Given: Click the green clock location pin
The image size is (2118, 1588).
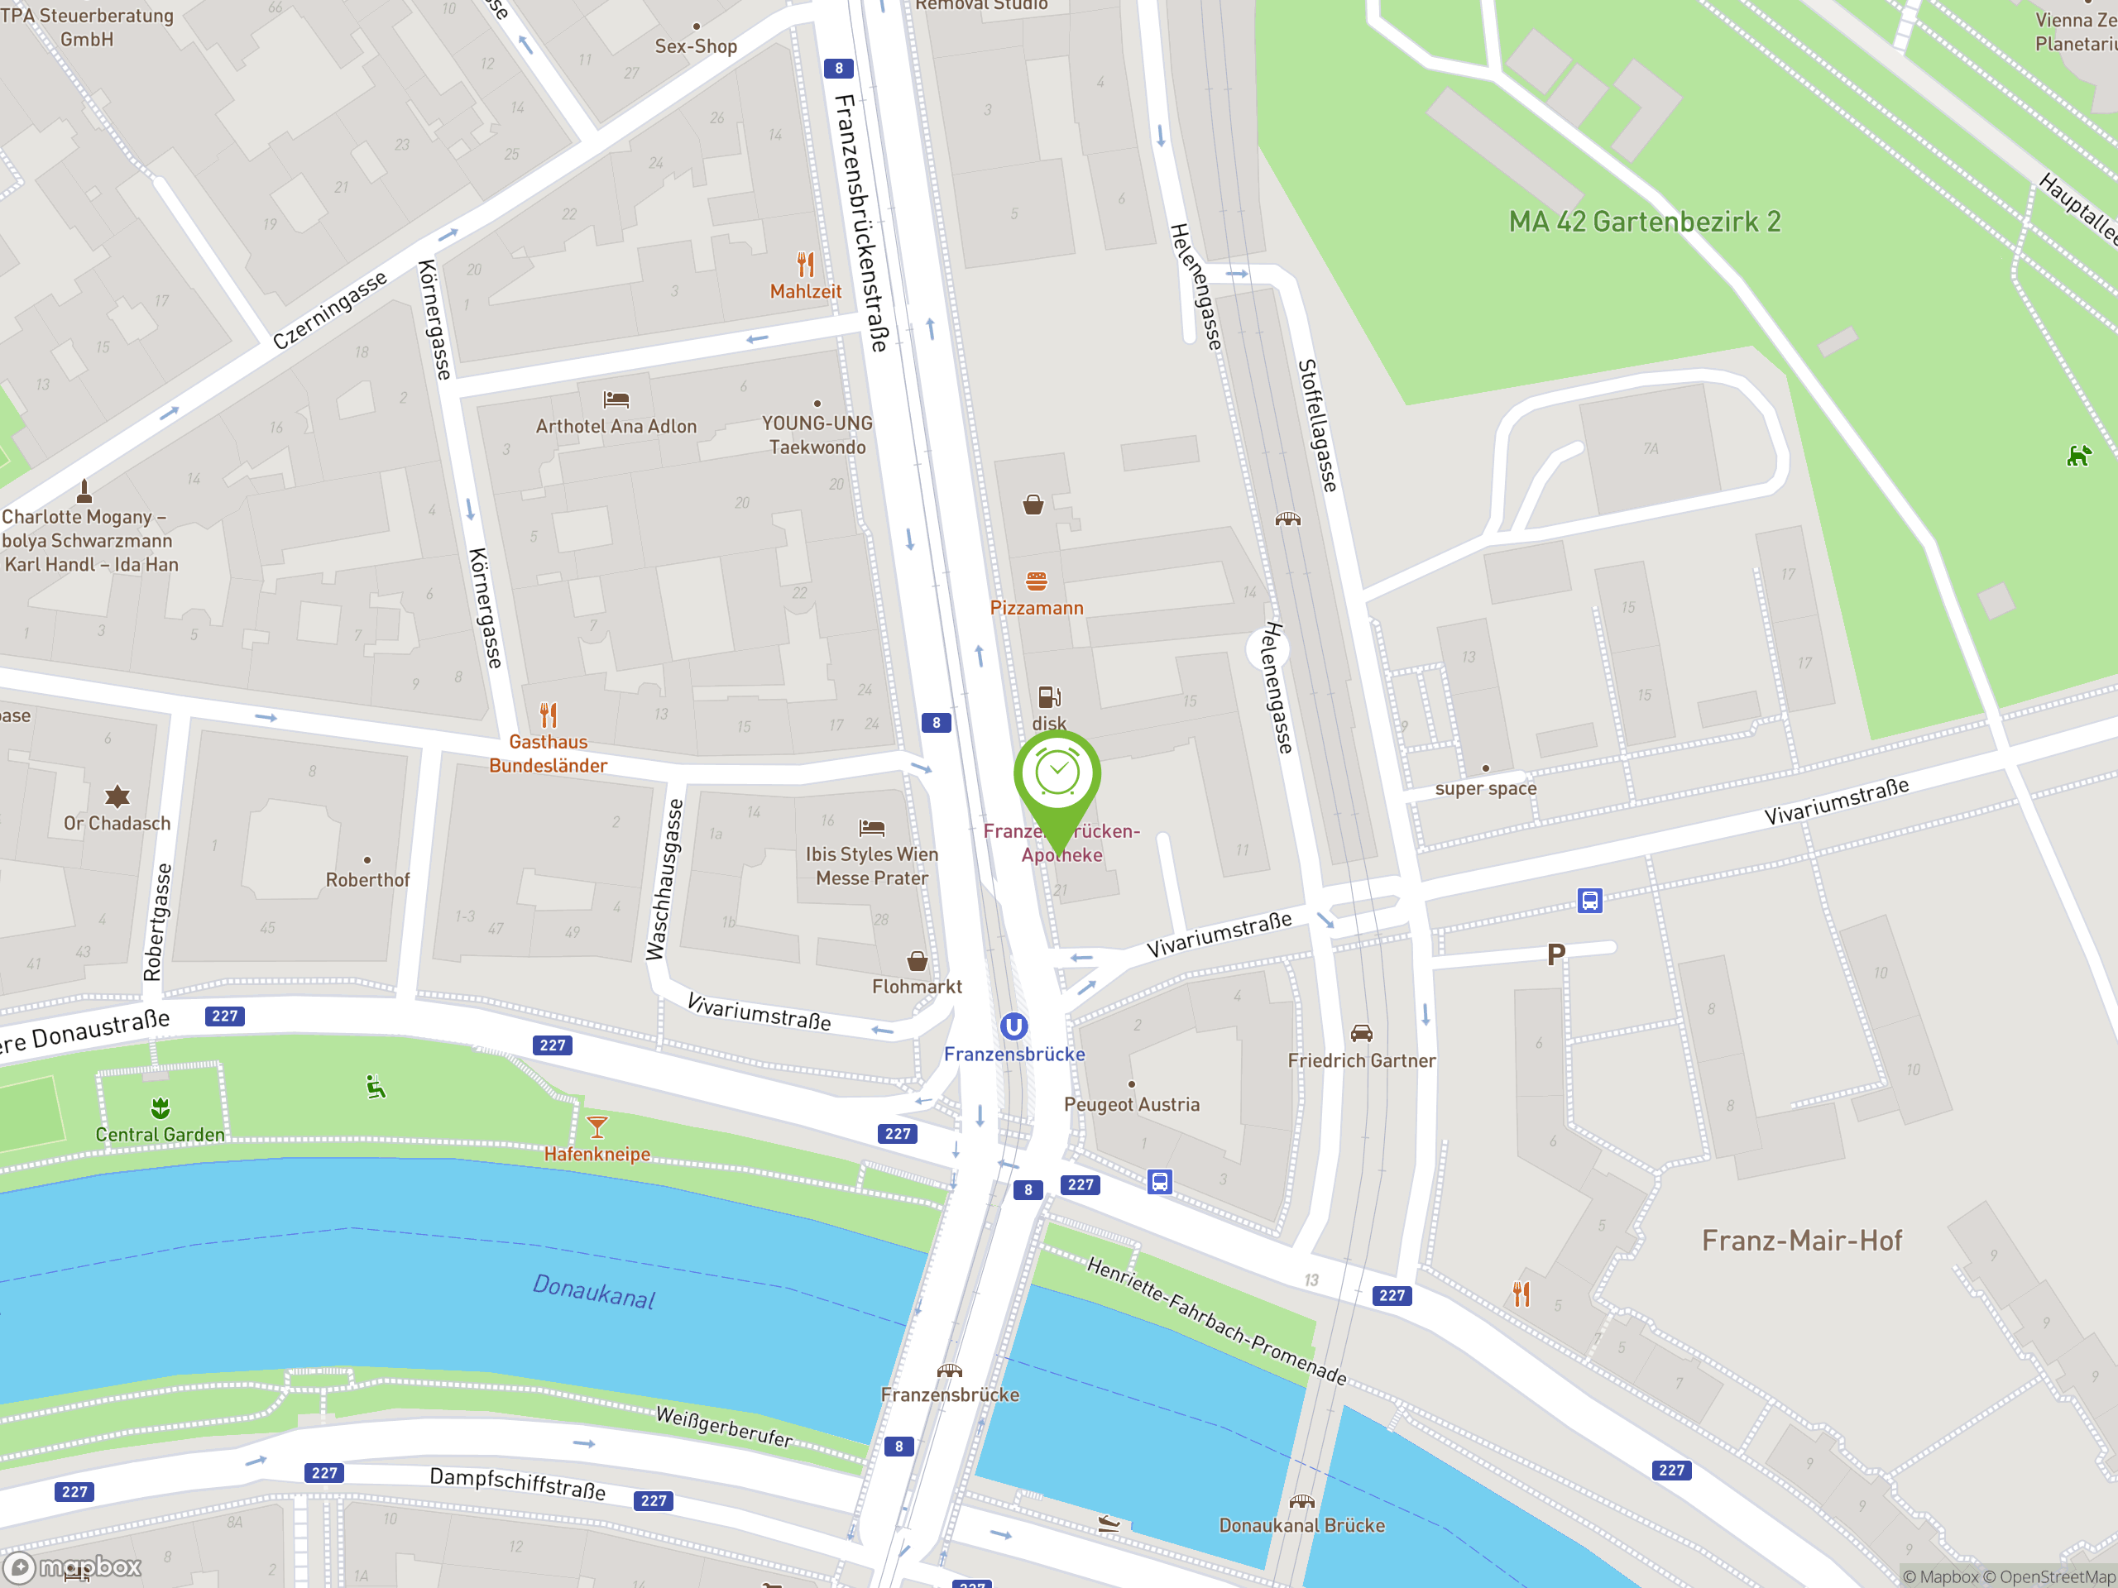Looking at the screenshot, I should pos(1057,775).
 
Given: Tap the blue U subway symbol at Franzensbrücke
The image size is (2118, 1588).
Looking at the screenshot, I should pos(1014,1026).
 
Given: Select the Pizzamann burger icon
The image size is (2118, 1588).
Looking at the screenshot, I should pos(1036,581).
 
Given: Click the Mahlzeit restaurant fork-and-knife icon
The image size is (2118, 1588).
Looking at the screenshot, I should pos(805,264).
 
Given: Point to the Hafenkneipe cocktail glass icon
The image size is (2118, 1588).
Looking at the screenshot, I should pos(597,1126).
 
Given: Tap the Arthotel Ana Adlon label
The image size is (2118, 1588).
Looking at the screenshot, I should pos(616,427).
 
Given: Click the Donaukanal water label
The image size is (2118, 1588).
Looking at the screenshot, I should pos(594,1291).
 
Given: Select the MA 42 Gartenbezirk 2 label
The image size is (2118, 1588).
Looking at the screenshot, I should pos(1644,222).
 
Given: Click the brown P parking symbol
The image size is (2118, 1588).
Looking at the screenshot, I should pos(1556,954).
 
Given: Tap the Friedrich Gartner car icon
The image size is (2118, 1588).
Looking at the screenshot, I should pos(1361,1034).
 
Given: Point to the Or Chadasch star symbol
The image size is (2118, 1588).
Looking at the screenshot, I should pos(117,796).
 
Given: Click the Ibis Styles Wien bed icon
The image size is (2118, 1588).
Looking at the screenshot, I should pos(871,828).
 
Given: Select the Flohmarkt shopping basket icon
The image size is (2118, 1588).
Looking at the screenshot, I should pos(917,960).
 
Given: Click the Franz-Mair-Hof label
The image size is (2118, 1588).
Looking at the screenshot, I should pos(1801,1241).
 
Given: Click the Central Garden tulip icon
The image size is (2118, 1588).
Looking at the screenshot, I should pos(160,1107).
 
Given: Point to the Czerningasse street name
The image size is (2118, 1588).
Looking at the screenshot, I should pos(330,309).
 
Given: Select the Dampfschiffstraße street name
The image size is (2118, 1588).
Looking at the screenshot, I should pos(517,1483).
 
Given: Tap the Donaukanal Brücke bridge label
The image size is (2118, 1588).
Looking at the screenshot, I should pos(1301,1526).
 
